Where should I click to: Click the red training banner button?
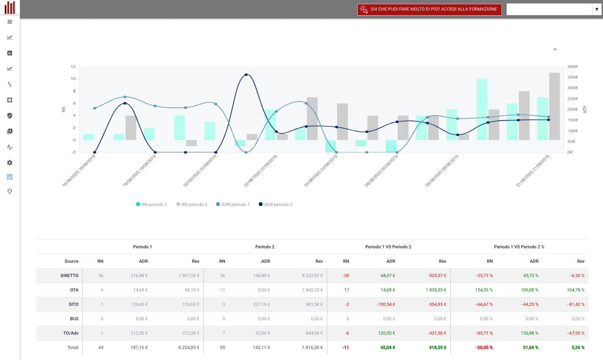pos(429,9)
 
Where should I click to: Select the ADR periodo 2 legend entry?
pos(275,204)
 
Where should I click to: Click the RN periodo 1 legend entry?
pos(151,204)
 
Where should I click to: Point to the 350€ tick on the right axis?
pos(573,77)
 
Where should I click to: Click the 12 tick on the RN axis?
pos(73,66)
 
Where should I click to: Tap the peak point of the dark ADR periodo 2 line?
pos(246,74)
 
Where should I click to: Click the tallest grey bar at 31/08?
pos(554,106)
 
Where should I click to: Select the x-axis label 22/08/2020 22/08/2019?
pos(260,171)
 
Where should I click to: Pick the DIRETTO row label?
pos(69,275)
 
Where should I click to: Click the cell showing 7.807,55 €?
pos(189,275)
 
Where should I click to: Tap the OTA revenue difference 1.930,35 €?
pos(436,290)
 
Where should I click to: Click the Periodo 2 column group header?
pos(265,247)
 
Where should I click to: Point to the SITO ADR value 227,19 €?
pos(261,304)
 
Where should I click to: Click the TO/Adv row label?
pos(71,333)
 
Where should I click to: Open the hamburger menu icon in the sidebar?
pos(10,22)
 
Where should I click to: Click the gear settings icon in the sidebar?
pos(10,162)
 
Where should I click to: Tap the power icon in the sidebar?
pos(10,191)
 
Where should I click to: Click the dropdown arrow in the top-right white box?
pos(597,9)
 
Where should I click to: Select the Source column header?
pos(71,261)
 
